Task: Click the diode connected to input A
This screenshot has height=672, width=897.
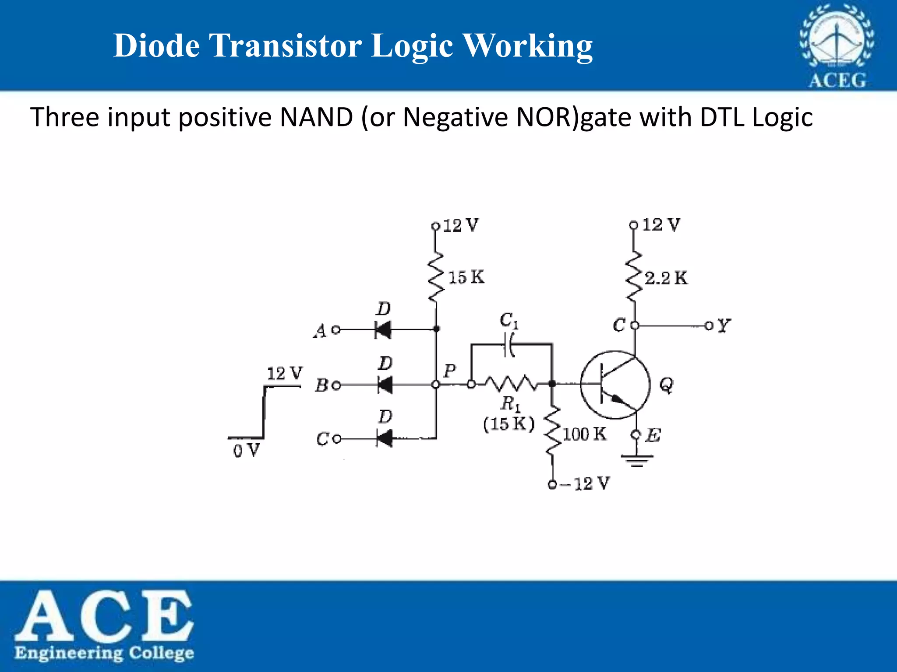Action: (383, 329)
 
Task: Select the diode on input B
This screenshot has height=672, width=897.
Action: (385, 385)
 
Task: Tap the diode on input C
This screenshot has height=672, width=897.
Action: (384, 438)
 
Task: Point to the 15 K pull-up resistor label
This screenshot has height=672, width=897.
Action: (466, 277)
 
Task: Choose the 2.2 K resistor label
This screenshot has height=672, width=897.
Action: (666, 278)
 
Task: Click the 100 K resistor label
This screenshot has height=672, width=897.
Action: (584, 434)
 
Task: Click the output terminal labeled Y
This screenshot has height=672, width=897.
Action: (709, 325)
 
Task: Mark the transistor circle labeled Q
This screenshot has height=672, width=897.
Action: (615, 385)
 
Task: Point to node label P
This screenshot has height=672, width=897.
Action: (450, 371)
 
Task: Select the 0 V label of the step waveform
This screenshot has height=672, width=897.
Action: (246, 450)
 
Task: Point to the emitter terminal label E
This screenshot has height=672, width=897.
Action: (653, 435)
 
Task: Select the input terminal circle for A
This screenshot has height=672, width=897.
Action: (336, 329)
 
